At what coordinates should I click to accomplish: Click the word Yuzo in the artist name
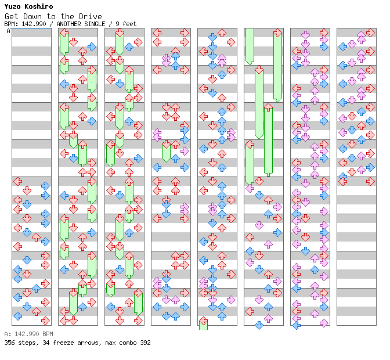tap(13, 6)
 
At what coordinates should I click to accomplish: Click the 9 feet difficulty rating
tap(126, 24)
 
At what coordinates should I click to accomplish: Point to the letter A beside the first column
tap(9, 31)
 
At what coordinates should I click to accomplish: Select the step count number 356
tap(10, 343)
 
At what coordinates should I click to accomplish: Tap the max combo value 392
tap(145, 343)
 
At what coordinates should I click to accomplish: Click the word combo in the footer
tap(127, 343)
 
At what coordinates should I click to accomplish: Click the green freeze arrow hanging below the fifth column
tap(203, 323)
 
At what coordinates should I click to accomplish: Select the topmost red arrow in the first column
tap(18, 181)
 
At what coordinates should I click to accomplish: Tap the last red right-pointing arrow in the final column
tap(370, 181)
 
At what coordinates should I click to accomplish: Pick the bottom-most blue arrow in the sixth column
tap(259, 325)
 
